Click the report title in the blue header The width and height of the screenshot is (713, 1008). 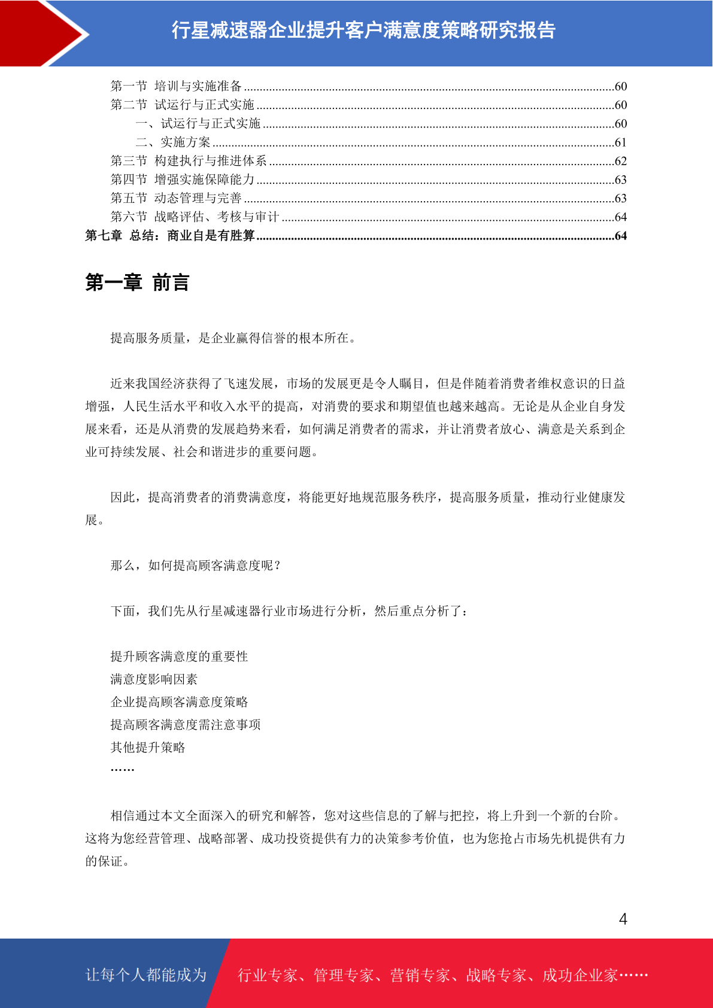[363, 30]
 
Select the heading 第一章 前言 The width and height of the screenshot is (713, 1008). [137, 283]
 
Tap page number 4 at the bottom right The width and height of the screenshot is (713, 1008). [623, 919]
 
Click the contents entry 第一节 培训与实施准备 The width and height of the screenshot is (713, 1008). [176, 86]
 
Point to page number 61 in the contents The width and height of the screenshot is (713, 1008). [620, 142]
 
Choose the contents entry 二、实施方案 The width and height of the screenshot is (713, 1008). [173, 142]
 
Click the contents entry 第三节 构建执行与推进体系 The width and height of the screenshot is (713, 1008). [189, 161]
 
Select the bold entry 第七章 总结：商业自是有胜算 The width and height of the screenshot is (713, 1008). [170, 236]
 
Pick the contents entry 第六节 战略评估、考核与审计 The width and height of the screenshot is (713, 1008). [195, 217]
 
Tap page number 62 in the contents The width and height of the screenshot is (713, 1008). [620, 161]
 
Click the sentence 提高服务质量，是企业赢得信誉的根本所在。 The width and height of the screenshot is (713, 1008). [234, 338]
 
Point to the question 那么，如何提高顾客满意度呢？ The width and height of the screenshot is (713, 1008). [196, 566]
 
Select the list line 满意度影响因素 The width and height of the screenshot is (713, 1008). [154, 679]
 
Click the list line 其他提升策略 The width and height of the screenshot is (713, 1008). [148, 748]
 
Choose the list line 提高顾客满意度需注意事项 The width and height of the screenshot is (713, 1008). [186, 725]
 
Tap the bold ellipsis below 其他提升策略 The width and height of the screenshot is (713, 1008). [122, 770]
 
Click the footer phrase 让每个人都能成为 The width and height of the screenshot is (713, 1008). [146, 975]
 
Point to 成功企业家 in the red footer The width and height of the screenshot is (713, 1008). [579, 976]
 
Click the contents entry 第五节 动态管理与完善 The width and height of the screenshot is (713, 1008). [176, 198]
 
